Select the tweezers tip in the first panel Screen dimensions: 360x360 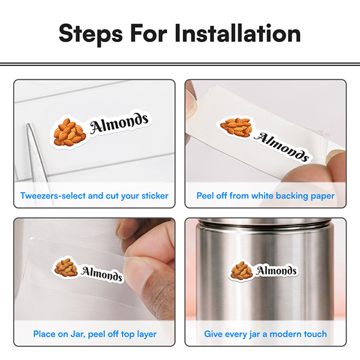point(29,128)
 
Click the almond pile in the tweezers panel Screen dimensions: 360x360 point(70,131)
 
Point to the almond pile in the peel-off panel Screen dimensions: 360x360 point(236,127)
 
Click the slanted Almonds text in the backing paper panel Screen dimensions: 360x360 point(282,146)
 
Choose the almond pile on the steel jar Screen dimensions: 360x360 point(242,271)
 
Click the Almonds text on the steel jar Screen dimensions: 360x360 point(277,271)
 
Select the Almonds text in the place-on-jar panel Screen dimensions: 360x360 point(102,274)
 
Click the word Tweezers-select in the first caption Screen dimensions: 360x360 point(52,196)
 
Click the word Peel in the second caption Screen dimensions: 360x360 point(206,196)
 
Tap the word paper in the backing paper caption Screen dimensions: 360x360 point(322,196)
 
